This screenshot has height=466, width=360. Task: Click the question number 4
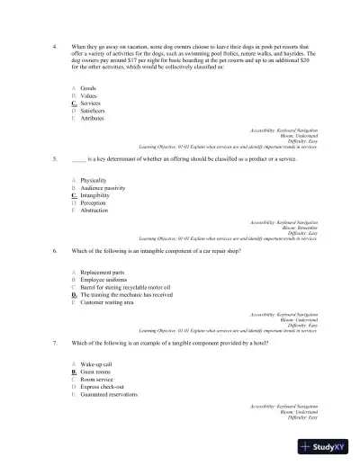(x=56, y=44)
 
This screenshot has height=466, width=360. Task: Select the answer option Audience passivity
(x=102, y=187)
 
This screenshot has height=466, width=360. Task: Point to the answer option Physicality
(x=94, y=180)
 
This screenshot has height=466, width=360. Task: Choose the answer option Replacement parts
(x=103, y=271)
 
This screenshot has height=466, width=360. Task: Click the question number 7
(x=56, y=343)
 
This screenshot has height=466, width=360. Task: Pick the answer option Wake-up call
(x=96, y=364)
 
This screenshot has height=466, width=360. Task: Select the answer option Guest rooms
(x=95, y=372)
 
